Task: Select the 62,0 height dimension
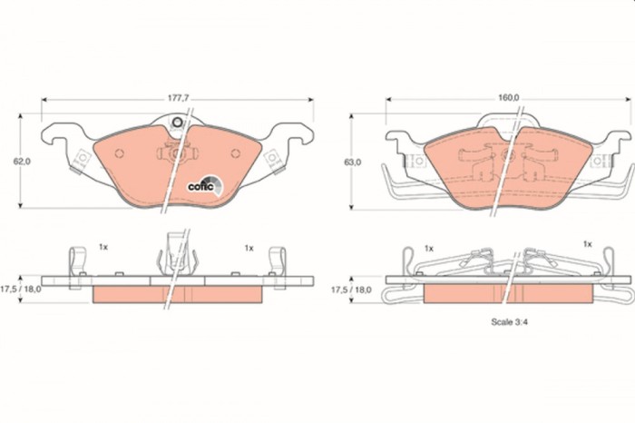tap(22, 161)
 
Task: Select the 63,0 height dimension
tap(352, 162)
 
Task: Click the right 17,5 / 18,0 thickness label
tap(352, 289)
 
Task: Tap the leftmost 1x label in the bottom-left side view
tap(103, 247)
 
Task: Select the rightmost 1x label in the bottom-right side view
tap(587, 244)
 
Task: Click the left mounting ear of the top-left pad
tap(81, 158)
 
